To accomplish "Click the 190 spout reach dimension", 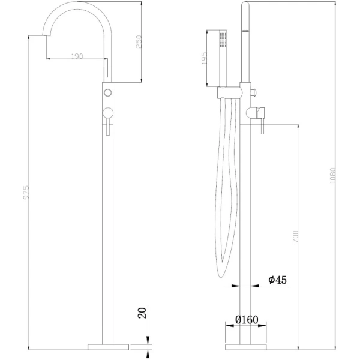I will (76, 56).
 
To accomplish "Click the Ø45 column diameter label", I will (277, 280).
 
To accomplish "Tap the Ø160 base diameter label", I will (246, 320).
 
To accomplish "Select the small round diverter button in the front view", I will (108, 92).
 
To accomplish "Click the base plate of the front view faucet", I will (109, 346).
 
